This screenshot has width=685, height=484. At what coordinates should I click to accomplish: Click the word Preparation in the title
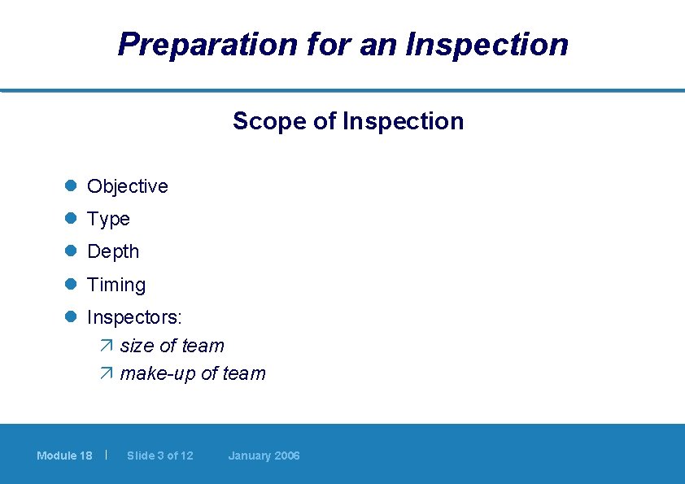[x=208, y=44]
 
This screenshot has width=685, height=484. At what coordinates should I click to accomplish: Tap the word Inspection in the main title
[x=487, y=44]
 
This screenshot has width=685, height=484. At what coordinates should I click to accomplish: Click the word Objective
[x=128, y=186]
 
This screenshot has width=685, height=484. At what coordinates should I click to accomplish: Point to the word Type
[x=108, y=220]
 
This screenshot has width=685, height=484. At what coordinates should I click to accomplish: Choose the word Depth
[x=113, y=252]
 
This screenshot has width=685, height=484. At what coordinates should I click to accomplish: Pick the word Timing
[x=116, y=286]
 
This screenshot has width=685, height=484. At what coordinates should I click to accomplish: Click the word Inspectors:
[x=134, y=316]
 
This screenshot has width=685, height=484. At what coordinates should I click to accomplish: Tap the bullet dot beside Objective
[x=71, y=186]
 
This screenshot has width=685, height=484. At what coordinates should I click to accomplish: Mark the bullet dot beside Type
[x=71, y=219]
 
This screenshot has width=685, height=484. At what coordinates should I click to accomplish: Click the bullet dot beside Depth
[x=71, y=251]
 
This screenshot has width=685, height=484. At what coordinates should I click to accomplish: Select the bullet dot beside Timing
[x=71, y=285]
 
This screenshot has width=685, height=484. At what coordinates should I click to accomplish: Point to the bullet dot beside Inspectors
[x=71, y=316]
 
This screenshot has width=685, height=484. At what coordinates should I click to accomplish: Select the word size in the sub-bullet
[x=137, y=347]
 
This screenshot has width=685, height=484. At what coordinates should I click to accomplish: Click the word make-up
[x=158, y=374]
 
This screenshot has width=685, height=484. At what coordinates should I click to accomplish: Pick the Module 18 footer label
[x=64, y=456]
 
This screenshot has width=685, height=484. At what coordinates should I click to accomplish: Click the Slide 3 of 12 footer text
[x=160, y=456]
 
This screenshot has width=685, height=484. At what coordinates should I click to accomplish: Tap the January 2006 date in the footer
[x=264, y=456]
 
